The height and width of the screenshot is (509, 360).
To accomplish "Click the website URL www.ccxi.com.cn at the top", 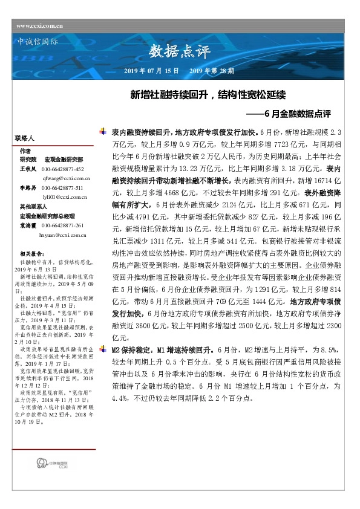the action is pos(41,26).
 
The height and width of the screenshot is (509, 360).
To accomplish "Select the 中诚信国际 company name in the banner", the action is pos(35,42).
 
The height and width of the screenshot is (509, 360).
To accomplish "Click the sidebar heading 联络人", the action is pos(25,138).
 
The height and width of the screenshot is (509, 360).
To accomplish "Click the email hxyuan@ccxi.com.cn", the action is pos(62,232).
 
